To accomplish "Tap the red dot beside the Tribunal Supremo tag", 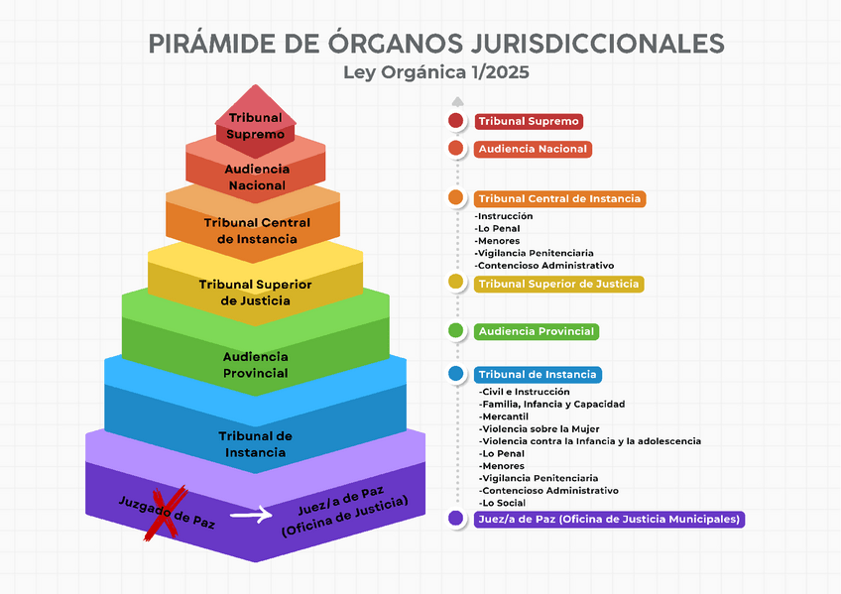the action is (x=455, y=121).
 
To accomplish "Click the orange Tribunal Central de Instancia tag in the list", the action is (x=560, y=198).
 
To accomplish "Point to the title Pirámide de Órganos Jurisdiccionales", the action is (x=435, y=44).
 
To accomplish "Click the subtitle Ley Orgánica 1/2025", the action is (x=435, y=72).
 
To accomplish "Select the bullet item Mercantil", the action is (x=504, y=416).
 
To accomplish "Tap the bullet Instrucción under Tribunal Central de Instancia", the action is (x=505, y=216).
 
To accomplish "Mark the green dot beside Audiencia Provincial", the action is (x=455, y=330).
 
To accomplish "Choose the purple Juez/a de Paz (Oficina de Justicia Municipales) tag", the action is (x=609, y=519).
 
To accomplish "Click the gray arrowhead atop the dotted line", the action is (x=456, y=100).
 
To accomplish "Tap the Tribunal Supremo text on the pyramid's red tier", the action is (x=255, y=126).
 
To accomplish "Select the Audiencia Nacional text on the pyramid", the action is (x=257, y=178).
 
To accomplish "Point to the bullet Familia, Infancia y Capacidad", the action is (x=551, y=404).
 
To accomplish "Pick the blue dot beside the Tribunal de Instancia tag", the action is (x=455, y=374).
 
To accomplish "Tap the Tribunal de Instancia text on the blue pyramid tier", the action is (x=255, y=444).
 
